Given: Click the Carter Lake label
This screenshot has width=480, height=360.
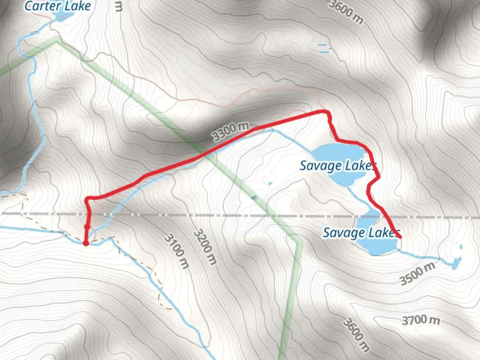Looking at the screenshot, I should pos(58,6).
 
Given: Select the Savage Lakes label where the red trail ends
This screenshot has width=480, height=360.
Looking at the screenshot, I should pos(361,233).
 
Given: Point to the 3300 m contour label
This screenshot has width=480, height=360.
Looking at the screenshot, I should pos(231,131).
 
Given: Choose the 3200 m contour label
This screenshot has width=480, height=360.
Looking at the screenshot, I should pos(205,247).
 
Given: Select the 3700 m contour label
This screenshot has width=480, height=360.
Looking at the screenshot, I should pos(421,320).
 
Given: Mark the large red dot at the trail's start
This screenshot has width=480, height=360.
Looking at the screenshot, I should pos(86,243).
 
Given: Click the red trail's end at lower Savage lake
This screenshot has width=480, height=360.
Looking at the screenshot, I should pos(399,237).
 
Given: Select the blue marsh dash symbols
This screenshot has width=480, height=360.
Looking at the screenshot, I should pos(323,48).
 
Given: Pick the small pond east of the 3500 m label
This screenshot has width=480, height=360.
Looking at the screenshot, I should pos(456,263).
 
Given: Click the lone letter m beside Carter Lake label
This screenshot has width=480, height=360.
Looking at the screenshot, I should pos(118,7).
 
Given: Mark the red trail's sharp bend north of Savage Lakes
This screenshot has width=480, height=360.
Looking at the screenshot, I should pos(327,113).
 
